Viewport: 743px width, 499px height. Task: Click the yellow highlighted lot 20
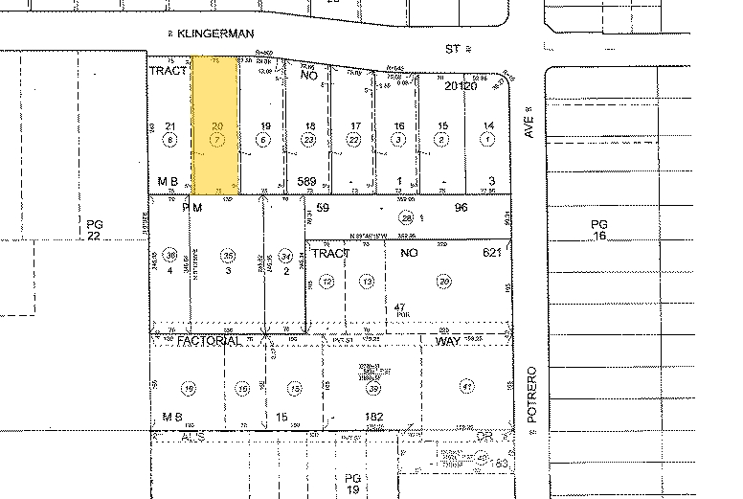click(x=216, y=125)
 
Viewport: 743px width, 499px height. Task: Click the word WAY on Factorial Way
click(x=448, y=341)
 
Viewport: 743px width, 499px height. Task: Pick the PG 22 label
click(x=93, y=230)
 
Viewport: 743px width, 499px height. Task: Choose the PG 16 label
click(x=599, y=230)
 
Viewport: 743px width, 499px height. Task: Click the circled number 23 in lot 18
click(x=309, y=139)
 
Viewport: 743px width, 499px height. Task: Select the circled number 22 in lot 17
click(x=355, y=139)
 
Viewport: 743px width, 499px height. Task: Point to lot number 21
click(x=170, y=126)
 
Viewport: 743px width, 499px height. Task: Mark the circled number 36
click(x=171, y=256)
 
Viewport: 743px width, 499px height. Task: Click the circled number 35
click(x=228, y=257)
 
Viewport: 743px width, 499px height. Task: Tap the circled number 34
click(x=285, y=256)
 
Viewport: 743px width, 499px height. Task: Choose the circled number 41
click(x=467, y=387)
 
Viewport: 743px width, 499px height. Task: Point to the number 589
click(x=307, y=180)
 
